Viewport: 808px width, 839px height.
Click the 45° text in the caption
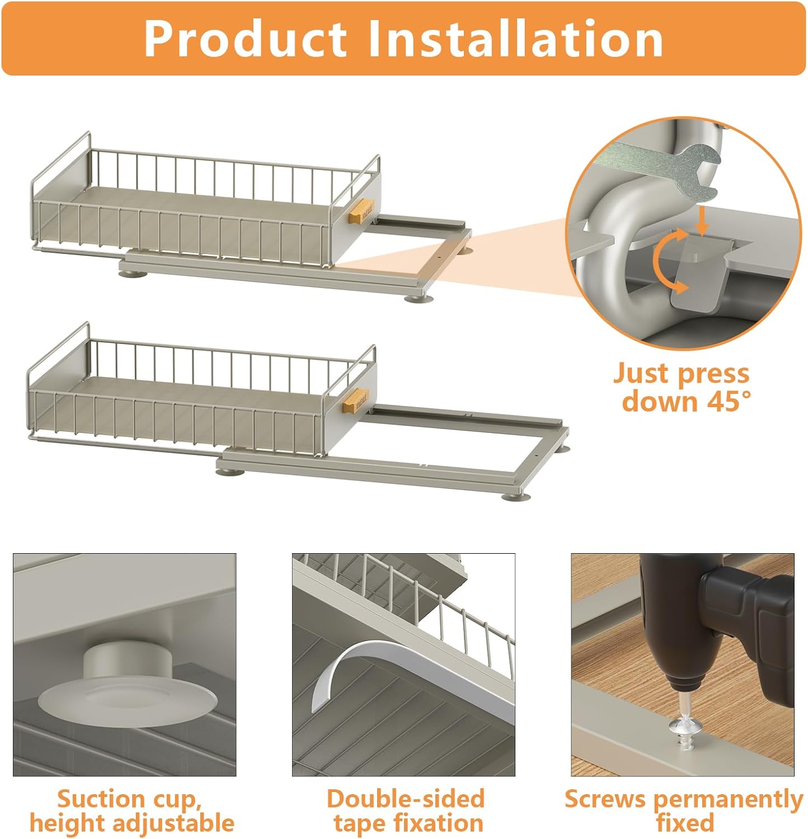coord(722,401)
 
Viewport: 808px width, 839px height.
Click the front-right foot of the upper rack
coord(415,298)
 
